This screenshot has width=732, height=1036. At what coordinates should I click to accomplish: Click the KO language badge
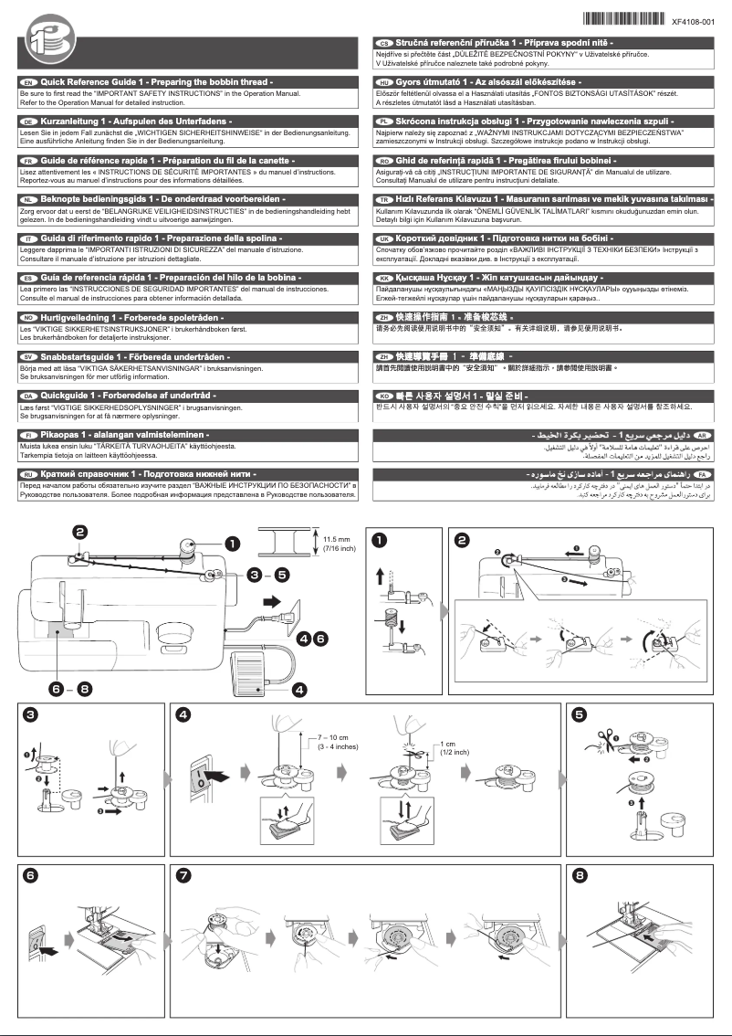[x=383, y=395]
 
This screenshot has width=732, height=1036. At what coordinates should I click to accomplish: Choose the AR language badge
[x=702, y=438]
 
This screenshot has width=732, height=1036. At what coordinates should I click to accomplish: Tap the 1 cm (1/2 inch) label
[x=454, y=746]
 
